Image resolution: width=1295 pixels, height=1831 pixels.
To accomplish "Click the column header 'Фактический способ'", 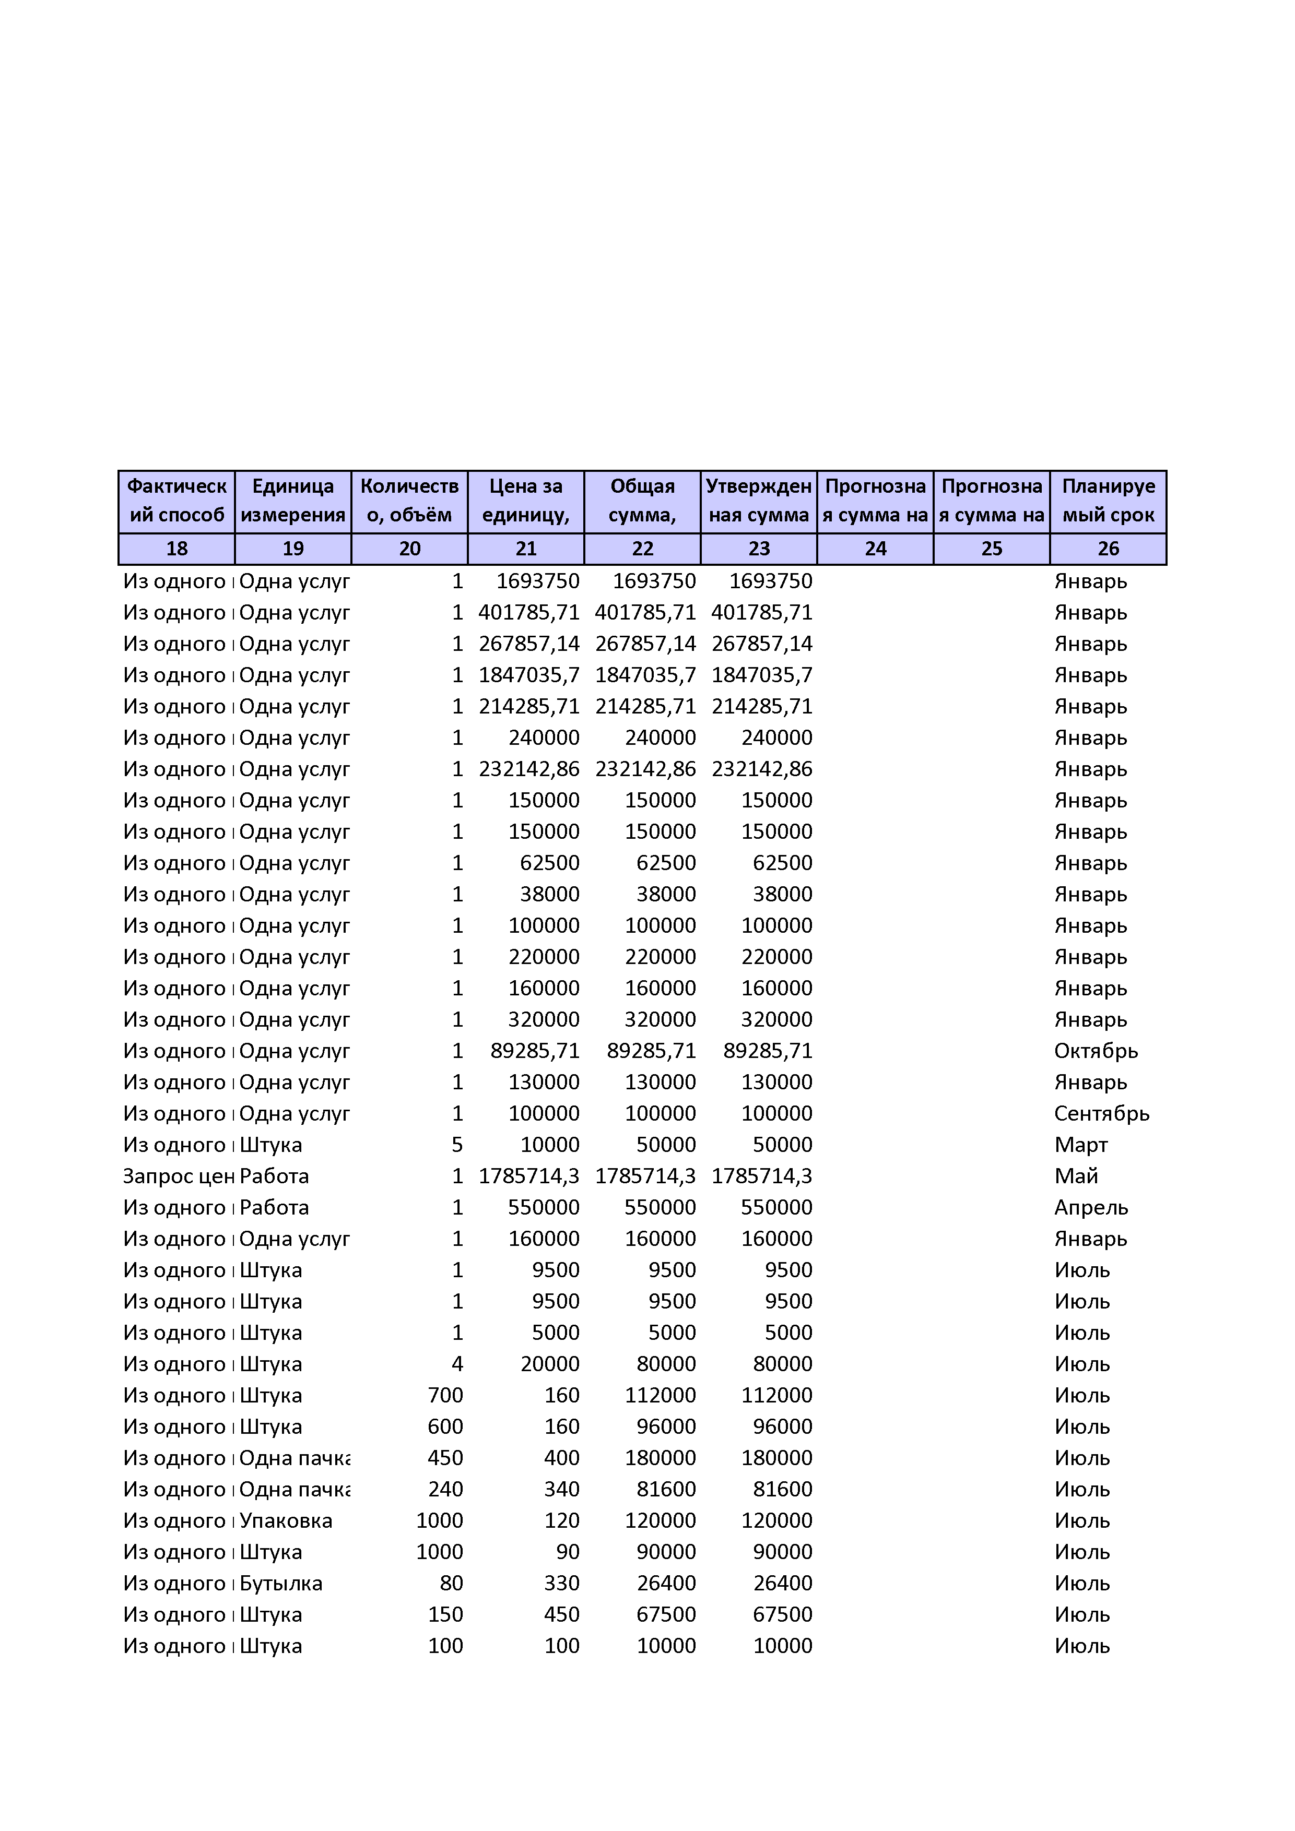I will point(176,501).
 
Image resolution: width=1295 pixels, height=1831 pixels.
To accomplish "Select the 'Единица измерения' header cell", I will point(293,501).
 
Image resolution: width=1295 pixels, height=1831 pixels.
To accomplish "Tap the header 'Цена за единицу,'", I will point(526,501).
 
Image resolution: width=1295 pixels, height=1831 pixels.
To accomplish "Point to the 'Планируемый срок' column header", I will point(1108,501).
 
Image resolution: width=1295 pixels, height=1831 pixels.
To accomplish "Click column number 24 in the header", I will point(875,549).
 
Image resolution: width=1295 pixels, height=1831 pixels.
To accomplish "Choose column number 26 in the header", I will point(1108,549).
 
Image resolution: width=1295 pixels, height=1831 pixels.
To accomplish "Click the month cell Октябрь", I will point(1096,1051).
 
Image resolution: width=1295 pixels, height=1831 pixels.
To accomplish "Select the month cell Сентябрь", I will point(1101,1113).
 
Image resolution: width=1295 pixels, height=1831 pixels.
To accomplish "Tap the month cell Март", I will point(1080,1145).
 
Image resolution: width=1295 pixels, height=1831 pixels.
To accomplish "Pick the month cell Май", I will point(1076,1176).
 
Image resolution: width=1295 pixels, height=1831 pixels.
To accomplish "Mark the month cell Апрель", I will point(1091,1207).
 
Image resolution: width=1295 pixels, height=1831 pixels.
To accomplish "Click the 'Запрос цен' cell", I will point(175,1176).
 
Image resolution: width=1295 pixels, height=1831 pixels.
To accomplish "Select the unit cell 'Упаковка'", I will point(286,1521).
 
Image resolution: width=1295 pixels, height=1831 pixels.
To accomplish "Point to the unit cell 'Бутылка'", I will point(281,1583).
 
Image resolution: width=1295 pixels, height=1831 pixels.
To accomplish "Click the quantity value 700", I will point(445,1396).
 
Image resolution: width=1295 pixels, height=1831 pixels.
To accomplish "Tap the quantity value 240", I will point(445,1489).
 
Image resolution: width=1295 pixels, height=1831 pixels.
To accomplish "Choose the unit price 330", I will point(562,1583).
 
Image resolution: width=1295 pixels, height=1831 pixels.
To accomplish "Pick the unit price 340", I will point(562,1489).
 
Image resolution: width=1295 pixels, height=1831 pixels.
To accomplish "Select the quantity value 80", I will point(451,1583).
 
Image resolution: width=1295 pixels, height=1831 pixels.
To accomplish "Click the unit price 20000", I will point(550,1364).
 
